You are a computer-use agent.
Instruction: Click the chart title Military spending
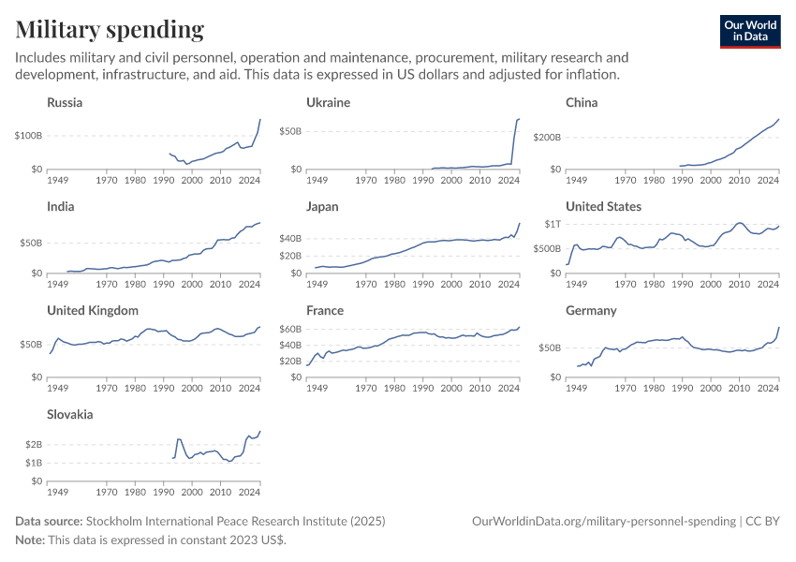110,30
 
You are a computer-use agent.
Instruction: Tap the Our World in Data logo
750,31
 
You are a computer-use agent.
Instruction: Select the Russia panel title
65,102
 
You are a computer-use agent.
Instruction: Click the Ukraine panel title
328,102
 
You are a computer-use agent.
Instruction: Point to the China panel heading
582,102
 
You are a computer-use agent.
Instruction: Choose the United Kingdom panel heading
93,310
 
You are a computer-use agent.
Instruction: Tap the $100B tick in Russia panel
27,136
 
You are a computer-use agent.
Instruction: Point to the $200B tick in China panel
546,138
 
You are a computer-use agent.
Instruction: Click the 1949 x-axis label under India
58,283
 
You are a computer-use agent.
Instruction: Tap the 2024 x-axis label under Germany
768,387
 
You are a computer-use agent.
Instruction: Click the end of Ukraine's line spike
520,119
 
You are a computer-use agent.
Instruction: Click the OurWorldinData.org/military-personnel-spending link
603,521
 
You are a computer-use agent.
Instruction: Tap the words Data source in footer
49,521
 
